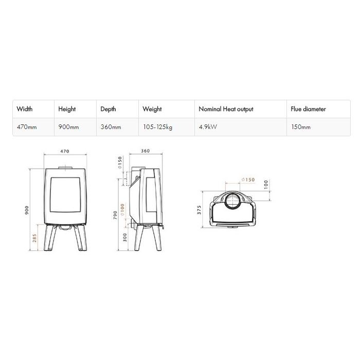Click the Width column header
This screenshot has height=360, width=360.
[x=25, y=109]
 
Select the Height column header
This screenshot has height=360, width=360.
[x=67, y=109]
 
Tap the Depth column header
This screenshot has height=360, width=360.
[x=108, y=109]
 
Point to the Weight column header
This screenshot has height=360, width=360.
[x=152, y=109]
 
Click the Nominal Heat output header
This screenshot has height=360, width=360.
[x=226, y=109]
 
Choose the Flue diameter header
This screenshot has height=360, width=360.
[x=308, y=109]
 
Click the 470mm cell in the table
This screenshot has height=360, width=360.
[x=27, y=127]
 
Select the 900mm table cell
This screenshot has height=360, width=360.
[x=68, y=127]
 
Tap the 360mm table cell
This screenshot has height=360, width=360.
[x=111, y=127]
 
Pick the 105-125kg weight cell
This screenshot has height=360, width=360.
[x=158, y=127]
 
